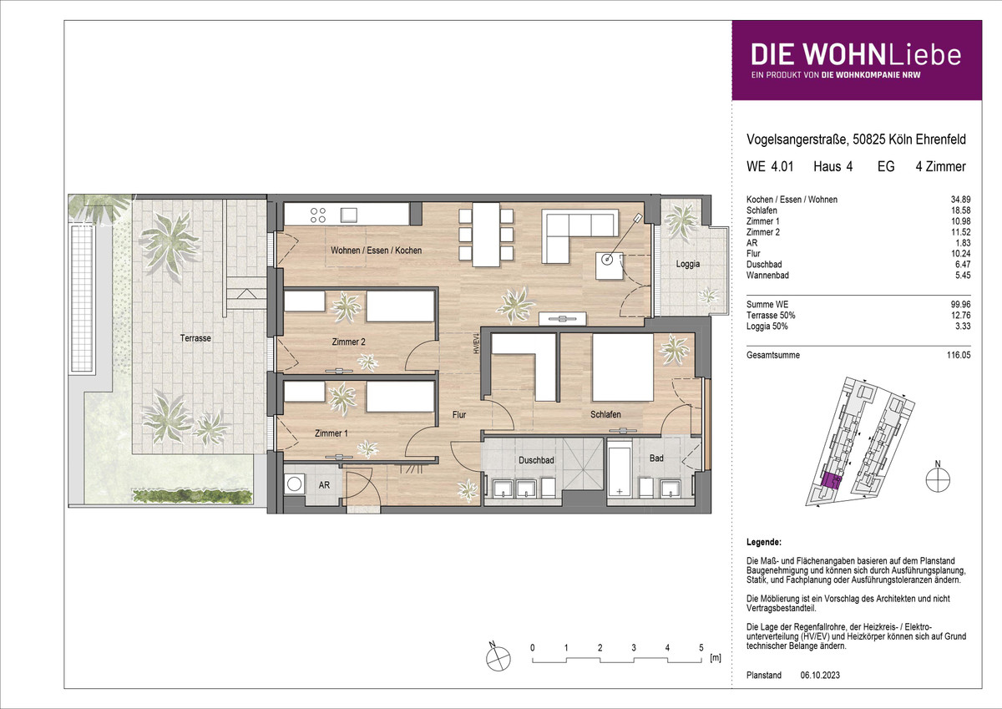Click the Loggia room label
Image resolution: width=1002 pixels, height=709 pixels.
(687, 264)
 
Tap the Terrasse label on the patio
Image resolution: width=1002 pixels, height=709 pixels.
(195, 338)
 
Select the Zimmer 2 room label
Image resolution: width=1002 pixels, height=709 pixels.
(348, 342)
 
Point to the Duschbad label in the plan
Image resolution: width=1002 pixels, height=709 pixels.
(536, 460)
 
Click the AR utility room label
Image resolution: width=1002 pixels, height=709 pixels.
(324, 485)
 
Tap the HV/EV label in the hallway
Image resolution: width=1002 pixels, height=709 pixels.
(477, 343)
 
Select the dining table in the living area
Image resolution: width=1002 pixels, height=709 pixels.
(486, 235)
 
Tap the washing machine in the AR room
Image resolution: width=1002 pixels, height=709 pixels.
(294, 484)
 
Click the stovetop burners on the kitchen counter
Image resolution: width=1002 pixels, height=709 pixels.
(318, 215)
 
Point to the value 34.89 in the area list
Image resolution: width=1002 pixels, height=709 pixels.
(960, 200)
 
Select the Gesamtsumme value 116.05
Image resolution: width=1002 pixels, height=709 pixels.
(959, 355)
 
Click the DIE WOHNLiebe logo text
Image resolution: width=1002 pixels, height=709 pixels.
(856, 55)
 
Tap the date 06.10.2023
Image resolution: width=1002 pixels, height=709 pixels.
(820, 675)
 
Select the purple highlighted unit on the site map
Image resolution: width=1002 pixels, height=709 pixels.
(831, 481)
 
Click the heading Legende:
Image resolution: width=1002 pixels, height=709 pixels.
(764, 542)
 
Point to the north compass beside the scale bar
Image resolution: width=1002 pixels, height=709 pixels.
(498, 658)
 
